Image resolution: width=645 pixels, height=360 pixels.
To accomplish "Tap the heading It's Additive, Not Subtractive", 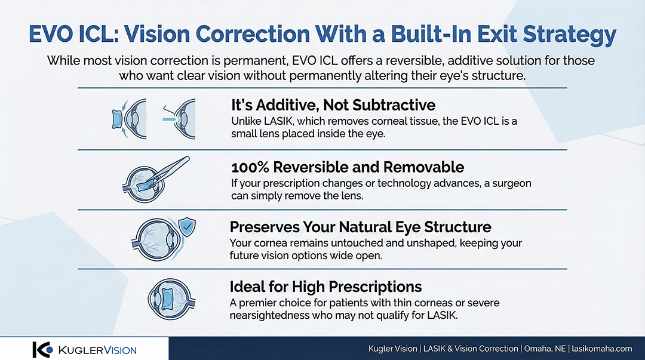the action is pyautogui.click(x=333, y=105).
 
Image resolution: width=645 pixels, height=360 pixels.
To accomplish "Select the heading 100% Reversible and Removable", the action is pyautogui.click(x=348, y=167).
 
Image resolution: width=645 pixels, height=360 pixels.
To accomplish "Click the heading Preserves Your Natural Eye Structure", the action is pyautogui.click(x=360, y=227).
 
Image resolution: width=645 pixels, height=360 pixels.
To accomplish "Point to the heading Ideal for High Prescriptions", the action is pyautogui.click(x=326, y=287).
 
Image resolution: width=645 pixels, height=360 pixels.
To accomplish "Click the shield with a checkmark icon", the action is pyautogui.click(x=187, y=226).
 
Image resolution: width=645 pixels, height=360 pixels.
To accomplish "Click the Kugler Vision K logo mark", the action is pyautogui.click(x=42, y=350).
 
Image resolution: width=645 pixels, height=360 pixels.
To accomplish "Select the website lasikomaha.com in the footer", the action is pyautogui.click(x=602, y=349).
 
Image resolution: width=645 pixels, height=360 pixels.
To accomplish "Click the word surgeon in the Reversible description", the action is pyautogui.click(x=511, y=183).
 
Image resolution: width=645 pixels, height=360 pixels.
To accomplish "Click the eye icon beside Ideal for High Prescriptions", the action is pyautogui.click(x=171, y=300).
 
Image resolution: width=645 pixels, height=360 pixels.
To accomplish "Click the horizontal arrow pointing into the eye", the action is pyautogui.click(x=169, y=119).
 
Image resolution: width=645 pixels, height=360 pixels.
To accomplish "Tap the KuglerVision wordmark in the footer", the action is pyautogui.click(x=97, y=350).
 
